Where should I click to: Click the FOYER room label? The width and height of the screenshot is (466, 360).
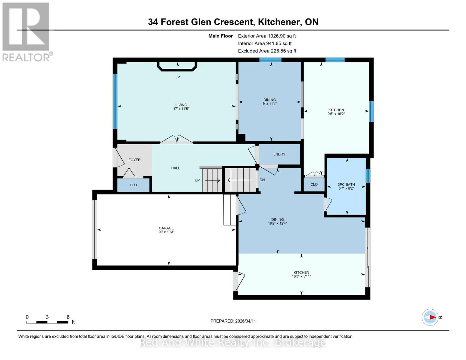click(x=134, y=160)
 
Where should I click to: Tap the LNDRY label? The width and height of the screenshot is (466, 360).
click(x=279, y=154)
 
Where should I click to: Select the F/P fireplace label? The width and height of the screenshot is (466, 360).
click(x=177, y=77)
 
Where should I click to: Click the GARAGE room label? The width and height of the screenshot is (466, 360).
click(x=166, y=228)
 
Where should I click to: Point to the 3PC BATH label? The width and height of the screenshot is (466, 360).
click(x=346, y=184)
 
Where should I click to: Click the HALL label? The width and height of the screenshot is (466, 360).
click(x=176, y=168)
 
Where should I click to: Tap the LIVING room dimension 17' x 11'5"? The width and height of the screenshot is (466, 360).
click(x=181, y=109)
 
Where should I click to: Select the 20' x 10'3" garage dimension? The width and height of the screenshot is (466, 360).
click(x=166, y=232)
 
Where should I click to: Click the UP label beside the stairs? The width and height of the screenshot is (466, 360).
click(x=197, y=180)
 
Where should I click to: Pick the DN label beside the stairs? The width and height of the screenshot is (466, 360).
click(x=262, y=180)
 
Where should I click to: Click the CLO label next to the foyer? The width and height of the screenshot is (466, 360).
click(x=133, y=185)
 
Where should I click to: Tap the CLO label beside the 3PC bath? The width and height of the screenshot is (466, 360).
click(x=314, y=184)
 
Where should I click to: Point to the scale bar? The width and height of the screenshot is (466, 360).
click(x=47, y=322)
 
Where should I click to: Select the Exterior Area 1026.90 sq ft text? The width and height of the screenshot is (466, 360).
click(x=267, y=36)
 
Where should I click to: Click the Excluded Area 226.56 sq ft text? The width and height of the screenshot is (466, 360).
click(x=267, y=51)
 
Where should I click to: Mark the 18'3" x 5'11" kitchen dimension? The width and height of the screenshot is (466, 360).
click(x=301, y=276)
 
